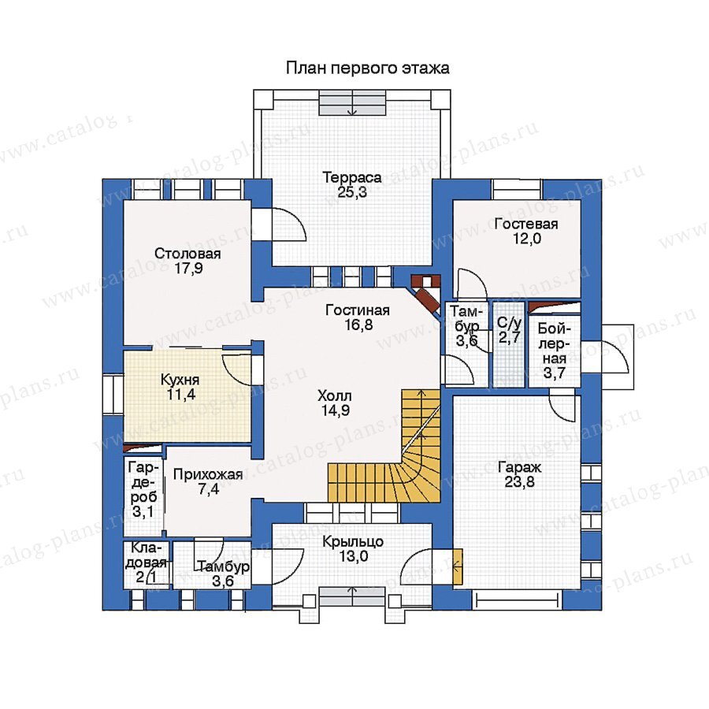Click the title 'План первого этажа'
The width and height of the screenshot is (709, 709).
(x=368, y=68)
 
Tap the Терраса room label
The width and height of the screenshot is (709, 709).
(x=352, y=177)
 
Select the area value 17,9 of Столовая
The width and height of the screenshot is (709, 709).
(x=188, y=268)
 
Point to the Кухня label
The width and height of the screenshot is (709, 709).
(x=180, y=380)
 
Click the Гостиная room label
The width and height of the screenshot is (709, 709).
(x=358, y=310)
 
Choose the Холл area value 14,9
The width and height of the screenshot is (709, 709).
(x=335, y=410)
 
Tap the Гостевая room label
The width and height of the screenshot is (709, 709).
(x=526, y=224)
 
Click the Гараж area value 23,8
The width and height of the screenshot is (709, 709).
(x=520, y=481)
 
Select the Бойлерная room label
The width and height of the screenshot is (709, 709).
(x=555, y=343)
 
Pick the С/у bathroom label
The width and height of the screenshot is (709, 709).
(x=510, y=323)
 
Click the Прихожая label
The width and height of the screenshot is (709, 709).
(x=208, y=474)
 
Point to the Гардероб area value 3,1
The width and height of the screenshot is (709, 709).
(x=143, y=512)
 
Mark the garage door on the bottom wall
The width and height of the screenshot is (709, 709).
(x=516, y=601)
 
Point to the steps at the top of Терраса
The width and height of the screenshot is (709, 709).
(x=352, y=103)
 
